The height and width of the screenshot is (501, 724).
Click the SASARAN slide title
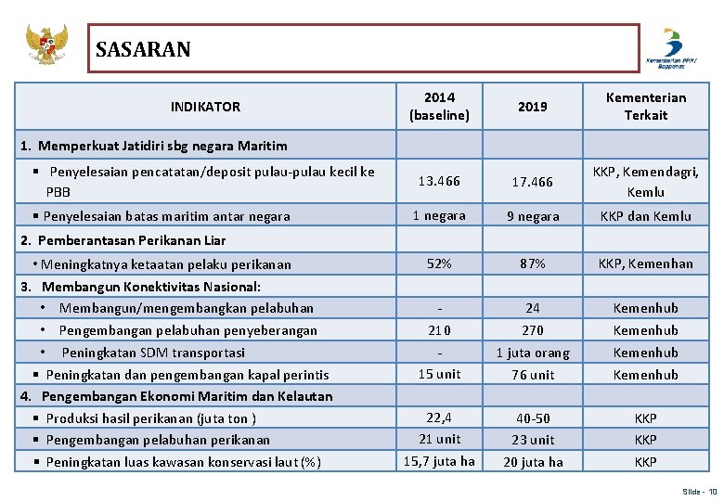pyautogui.click(x=143, y=49)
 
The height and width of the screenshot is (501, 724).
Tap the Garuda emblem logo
pyautogui.click(x=46, y=45)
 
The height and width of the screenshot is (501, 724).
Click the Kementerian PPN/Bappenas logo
pyautogui.click(x=671, y=48)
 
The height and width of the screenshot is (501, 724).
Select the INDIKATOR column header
pyautogui.click(x=205, y=107)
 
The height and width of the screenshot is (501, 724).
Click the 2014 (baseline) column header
pyautogui.click(x=439, y=107)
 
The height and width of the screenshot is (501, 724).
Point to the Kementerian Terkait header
pyautogui.click(x=645, y=107)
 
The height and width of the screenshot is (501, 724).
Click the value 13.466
pyautogui.click(x=439, y=181)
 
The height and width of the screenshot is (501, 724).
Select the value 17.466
pyautogui.click(x=533, y=182)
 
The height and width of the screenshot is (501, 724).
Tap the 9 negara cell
pyautogui.click(x=533, y=216)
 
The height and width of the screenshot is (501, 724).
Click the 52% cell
pyautogui.click(x=439, y=263)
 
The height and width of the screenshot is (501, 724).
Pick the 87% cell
pyautogui.click(x=533, y=263)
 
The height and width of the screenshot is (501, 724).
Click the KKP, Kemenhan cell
pyautogui.click(x=645, y=263)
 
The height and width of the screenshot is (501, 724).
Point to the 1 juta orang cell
pyautogui.click(x=533, y=353)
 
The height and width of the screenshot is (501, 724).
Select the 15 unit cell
pyautogui.click(x=439, y=374)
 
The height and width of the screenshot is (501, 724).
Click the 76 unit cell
pyautogui.click(x=533, y=375)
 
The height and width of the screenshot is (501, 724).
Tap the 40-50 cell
pyautogui.click(x=533, y=418)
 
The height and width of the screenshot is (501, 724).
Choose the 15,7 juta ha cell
pyautogui.click(x=439, y=461)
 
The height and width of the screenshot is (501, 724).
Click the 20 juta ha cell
pyautogui.click(x=533, y=462)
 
